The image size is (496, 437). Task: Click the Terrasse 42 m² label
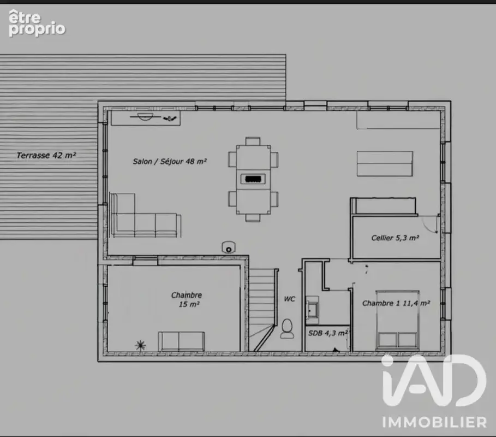point(46,155)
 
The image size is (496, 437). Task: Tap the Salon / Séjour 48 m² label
point(170,162)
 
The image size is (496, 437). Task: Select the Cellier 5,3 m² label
point(395,238)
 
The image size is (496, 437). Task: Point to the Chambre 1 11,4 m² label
point(396,303)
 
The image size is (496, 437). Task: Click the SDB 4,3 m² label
point(328,333)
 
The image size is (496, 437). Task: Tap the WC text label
point(289,299)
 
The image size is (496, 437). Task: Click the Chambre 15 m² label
point(187,299)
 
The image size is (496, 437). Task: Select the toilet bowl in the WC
point(287,328)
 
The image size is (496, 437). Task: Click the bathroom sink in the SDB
point(313,307)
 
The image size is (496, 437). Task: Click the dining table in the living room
point(253,179)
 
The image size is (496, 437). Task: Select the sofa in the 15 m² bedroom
point(181,341)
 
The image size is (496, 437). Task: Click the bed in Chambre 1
point(398,320)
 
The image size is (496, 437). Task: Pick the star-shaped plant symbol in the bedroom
point(140,345)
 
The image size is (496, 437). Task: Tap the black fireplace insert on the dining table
point(253,179)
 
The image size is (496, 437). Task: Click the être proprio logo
point(37,23)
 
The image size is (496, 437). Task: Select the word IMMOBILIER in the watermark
point(434,422)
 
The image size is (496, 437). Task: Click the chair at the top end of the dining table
point(253,141)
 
